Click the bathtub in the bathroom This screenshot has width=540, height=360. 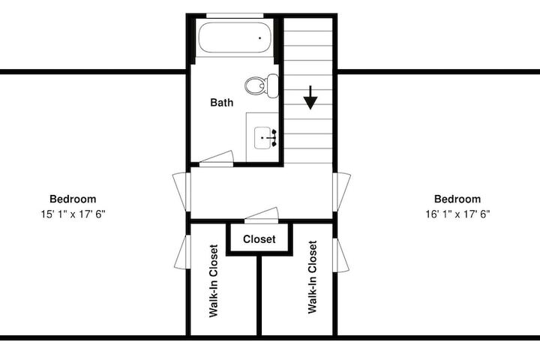coord(235,37)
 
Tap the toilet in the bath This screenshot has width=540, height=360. coord(262,85)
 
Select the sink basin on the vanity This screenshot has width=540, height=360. coord(262,138)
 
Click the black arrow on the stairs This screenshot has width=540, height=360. coord(310,97)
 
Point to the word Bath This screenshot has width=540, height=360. coord(222,102)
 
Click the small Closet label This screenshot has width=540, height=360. coord(259,239)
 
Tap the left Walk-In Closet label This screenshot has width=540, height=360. coord(214,280)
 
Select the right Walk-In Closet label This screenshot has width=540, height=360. coord(312,277)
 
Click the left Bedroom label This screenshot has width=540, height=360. coord(73,199)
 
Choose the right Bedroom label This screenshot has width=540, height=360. coord(457,199)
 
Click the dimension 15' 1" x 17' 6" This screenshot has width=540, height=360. coord(73,214)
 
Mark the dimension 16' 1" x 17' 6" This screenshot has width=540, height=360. coord(457,214)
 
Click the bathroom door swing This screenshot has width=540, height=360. coord(217,159)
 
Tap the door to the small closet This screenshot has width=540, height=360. coord(262,216)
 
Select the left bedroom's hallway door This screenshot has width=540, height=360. coord(181,192)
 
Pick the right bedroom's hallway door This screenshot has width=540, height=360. coord(342,192)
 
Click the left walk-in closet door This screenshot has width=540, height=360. coord(182,252)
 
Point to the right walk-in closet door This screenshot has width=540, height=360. coord(341,255)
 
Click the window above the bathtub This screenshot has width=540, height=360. coord(235,16)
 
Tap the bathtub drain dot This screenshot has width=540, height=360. coord(259,38)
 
